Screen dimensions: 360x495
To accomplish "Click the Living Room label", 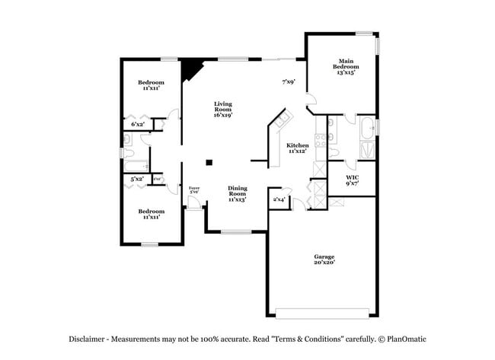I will (x=222, y=107).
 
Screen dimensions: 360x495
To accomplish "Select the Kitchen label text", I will (x=297, y=145).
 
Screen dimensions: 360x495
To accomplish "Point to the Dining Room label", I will (x=238, y=191).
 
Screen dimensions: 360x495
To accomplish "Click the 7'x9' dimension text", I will (x=288, y=81).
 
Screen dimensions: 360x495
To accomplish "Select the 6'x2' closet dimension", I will (x=138, y=123).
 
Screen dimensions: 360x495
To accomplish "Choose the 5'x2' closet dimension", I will (x=137, y=179).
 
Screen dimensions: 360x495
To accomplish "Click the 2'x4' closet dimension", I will (x=279, y=199).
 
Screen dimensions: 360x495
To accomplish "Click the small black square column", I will (x=209, y=161).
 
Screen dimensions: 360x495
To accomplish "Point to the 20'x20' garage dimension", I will (x=324, y=263).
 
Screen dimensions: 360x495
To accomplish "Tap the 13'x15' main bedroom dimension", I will (x=346, y=74).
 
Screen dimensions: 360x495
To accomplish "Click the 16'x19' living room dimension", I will (x=222, y=115).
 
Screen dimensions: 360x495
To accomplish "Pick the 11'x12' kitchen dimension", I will (x=297, y=151).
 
